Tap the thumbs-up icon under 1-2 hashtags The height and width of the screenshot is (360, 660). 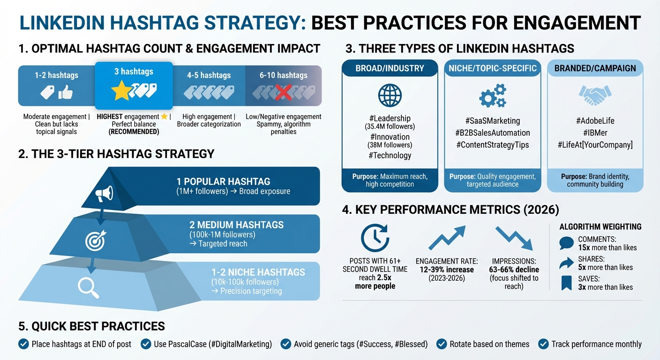65,93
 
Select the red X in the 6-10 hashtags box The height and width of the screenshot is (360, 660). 284,92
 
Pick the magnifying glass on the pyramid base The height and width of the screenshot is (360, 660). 88,287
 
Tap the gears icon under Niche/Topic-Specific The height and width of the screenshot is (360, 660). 492,96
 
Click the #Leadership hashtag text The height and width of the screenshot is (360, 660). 390,119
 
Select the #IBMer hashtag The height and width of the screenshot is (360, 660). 595,133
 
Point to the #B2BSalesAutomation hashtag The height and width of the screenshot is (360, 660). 492,133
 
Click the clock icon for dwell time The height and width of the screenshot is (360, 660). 375,238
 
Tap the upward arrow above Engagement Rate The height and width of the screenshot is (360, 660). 447,238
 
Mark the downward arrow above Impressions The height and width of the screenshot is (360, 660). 514,238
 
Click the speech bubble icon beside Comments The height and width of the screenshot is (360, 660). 566,243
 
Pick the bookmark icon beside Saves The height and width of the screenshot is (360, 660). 566,282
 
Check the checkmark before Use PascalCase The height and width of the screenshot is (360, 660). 146,344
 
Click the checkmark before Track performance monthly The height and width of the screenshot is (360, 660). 543,344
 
